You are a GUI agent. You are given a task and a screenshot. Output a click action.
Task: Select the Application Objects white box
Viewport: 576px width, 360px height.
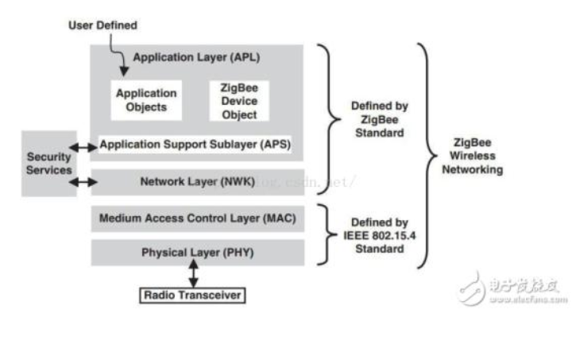[x=145, y=99]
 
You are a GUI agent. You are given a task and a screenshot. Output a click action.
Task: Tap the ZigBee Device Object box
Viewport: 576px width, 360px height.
[x=239, y=100]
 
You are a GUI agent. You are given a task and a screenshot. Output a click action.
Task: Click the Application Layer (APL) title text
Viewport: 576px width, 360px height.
[x=196, y=57]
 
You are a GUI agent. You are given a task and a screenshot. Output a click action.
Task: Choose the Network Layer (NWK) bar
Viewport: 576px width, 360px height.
[x=196, y=181]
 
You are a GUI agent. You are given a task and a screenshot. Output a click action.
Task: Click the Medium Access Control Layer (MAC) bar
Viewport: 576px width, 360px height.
[x=197, y=218]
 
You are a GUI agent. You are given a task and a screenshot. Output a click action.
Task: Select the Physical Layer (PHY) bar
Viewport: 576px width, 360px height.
[x=197, y=253]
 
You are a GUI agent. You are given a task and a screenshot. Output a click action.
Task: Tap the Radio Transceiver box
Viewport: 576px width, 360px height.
[x=191, y=296]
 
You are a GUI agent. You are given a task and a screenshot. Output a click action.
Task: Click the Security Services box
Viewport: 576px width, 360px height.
[x=48, y=163]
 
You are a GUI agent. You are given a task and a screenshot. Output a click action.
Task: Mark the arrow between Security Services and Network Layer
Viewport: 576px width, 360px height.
[x=83, y=182]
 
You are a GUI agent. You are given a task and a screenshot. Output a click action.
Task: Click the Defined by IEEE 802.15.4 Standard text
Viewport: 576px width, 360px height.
[x=380, y=235]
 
